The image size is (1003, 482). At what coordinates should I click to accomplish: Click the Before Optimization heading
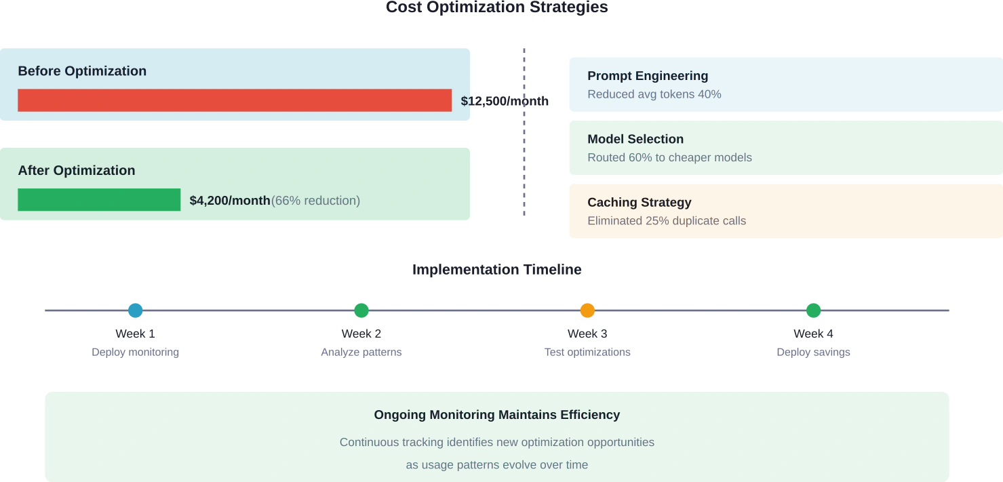[x=82, y=71]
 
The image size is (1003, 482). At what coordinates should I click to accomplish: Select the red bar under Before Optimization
[x=235, y=100]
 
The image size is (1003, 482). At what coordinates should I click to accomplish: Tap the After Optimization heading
[x=77, y=171]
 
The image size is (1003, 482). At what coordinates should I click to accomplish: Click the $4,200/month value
[x=229, y=201]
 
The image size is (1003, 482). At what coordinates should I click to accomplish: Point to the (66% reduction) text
[x=316, y=201]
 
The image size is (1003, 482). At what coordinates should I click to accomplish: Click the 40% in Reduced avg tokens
[x=709, y=94]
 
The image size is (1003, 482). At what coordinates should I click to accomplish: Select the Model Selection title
[x=635, y=139]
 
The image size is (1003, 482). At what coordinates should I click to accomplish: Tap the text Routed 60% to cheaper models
[x=669, y=157]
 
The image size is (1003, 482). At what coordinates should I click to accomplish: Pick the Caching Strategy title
[x=640, y=202]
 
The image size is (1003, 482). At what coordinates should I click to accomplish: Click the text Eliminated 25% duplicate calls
[x=667, y=220]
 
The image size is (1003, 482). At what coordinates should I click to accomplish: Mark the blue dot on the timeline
[x=136, y=311]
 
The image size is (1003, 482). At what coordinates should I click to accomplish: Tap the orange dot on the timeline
[x=588, y=311]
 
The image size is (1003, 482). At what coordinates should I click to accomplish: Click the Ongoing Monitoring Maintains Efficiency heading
[x=496, y=414]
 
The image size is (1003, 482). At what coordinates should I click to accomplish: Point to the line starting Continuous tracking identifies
[x=496, y=442]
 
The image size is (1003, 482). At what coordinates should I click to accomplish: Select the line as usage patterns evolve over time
[x=496, y=465]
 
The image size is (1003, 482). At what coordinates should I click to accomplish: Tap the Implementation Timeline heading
[x=498, y=270]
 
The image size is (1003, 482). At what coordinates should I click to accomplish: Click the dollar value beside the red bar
[x=505, y=102]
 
